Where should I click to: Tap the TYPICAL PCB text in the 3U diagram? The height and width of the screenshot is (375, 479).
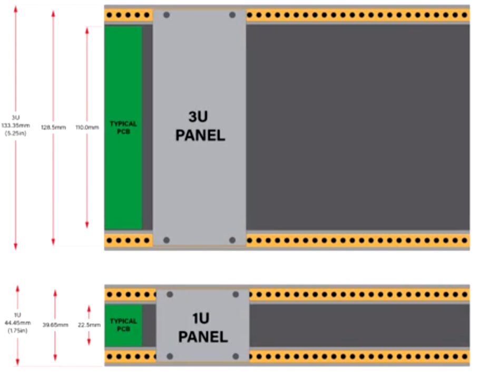123,128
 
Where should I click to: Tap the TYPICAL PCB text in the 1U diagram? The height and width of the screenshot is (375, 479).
123,325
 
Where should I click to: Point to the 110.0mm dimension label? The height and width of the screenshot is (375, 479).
87,127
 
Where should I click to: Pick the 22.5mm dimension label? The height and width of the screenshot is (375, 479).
89,325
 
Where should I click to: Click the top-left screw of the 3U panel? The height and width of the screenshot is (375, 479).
167,15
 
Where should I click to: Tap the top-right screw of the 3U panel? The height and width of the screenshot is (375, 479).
232,15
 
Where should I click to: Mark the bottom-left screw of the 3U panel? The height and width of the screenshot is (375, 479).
167,240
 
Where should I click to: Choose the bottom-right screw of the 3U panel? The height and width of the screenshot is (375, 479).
232,240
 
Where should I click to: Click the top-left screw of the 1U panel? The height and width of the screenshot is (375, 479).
170,294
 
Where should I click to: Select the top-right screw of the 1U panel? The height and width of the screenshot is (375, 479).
236,294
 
